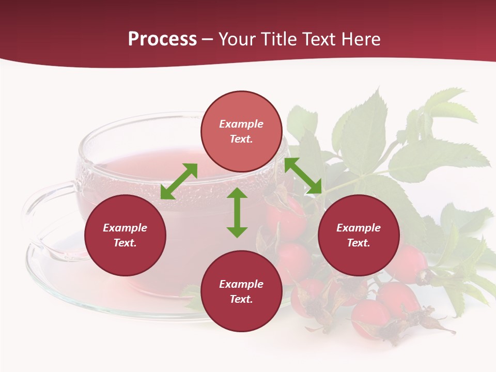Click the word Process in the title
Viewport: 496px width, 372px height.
162,39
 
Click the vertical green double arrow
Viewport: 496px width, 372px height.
237,212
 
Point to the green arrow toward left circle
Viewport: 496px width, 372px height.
179,181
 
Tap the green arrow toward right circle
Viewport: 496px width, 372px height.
303,176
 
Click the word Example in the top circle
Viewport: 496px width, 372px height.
241,124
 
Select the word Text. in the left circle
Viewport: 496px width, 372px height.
125,243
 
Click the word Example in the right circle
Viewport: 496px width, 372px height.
359,228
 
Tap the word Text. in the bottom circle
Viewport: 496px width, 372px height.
241,299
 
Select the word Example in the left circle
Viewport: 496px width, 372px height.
125,228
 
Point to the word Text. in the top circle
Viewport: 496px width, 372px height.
241,139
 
